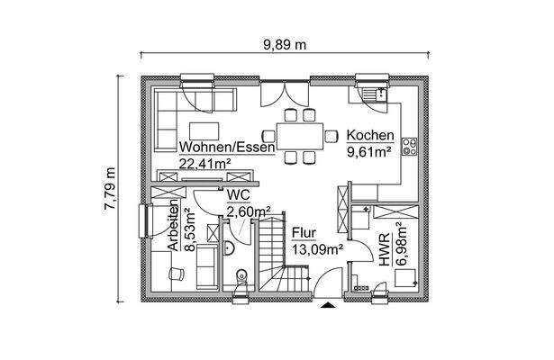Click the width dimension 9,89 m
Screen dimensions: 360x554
pos(284,42)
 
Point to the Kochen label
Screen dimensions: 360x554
pos(369,137)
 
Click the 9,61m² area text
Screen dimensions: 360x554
pos(368,152)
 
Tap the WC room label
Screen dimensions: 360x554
pos(238,194)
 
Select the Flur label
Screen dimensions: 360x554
pos(304,232)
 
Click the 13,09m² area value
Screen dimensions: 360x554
pos(314,247)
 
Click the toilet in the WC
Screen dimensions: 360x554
pos(241,277)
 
